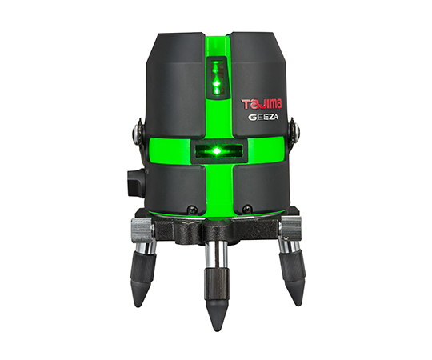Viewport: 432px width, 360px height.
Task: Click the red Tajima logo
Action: click(262, 104)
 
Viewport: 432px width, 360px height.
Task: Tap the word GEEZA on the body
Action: click(263, 117)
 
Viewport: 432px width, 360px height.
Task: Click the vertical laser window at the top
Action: click(217, 78)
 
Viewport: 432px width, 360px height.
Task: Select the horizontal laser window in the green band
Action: click(218, 151)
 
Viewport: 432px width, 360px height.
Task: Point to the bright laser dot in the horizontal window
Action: click(218, 150)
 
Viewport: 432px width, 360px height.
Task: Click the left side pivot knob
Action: click(138, 133)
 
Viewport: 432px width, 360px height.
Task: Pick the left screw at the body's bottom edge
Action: click(191, 209)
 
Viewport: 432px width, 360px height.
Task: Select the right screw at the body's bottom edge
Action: click(246, 208)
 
